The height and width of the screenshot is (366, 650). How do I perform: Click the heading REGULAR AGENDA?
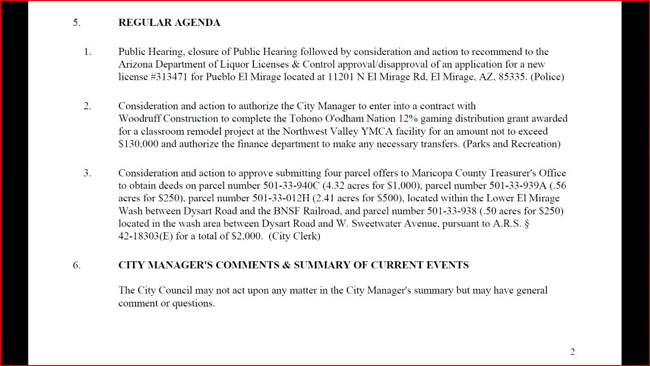(169, 22)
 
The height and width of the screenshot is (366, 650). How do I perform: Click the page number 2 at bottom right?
(572, 352)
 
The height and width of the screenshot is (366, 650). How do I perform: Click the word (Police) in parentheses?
(547, 77)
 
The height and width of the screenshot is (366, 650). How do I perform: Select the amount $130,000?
(138, 144)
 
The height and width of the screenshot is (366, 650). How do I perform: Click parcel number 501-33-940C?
(291, 186)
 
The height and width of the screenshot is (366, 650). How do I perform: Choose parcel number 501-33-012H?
(280, 198)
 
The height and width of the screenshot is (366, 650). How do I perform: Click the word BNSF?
(273, 211)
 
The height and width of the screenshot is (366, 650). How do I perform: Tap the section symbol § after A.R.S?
(527, 224)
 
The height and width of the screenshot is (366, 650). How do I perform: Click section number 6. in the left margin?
(77, 265)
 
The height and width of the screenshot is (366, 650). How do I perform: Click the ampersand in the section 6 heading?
(286, 265)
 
